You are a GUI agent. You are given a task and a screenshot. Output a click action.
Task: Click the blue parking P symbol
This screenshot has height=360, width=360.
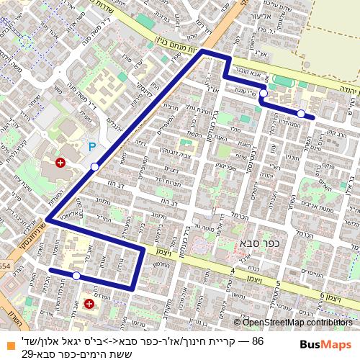point(91,147)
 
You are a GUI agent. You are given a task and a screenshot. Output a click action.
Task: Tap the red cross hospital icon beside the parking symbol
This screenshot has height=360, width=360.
point(60,163)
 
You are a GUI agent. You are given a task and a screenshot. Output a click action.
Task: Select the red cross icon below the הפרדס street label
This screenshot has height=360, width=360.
point(89,305)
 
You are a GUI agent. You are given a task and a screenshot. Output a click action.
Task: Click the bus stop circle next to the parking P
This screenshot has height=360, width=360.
point(95,167)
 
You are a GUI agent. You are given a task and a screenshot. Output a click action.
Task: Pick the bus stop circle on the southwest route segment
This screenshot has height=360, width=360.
point(76,275)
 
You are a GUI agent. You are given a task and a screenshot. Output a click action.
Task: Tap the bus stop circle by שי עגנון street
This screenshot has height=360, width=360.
point(264,94)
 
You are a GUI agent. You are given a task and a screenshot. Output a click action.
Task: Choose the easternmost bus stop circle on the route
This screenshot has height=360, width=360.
point(300,113)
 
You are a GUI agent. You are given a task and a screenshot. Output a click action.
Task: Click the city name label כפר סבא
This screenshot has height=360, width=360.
point(253,246)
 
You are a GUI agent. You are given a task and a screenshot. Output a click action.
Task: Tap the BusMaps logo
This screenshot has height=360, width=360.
point(325,345)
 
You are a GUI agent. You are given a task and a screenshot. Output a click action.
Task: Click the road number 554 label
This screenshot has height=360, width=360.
point(6,266)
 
